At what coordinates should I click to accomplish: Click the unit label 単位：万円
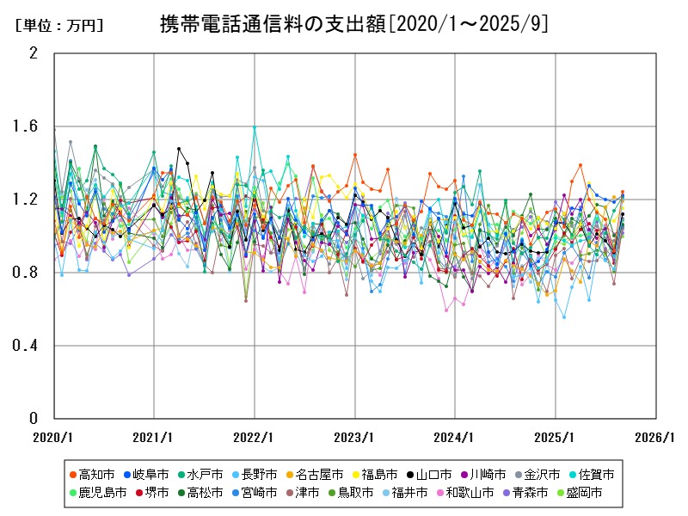click(58, 26)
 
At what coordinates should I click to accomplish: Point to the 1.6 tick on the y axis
click(28, 126)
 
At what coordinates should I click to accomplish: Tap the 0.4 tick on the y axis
click(28, 346)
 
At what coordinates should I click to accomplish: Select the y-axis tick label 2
click(34, 53)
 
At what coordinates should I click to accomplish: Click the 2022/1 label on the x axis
click(255, 436)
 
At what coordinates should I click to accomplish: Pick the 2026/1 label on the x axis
click(655, 436)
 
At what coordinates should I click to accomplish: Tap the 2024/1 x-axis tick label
click(455, 436)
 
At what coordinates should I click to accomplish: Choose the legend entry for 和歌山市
click(465, 493)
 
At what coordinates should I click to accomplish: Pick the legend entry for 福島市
click(372, 475)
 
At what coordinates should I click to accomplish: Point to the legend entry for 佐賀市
click(591, 475)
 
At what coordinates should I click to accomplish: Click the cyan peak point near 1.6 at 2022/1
click(255, 127)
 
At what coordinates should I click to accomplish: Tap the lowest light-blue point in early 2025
click(564, 317)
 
